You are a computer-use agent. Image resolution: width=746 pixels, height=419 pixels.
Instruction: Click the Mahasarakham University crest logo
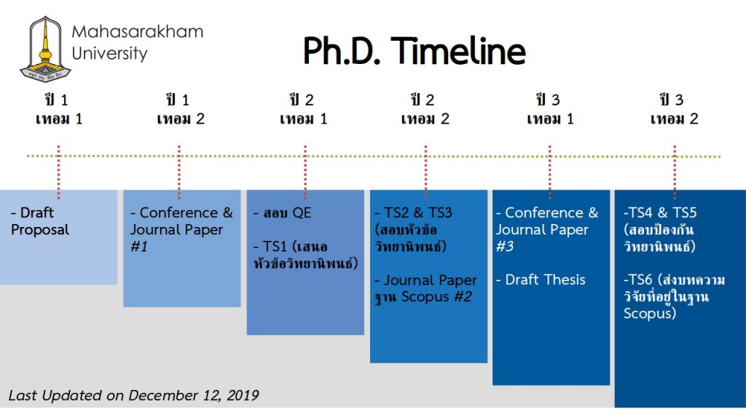click(x=45, y=49)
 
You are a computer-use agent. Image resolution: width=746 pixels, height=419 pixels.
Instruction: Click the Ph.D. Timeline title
click(x=415, y=51)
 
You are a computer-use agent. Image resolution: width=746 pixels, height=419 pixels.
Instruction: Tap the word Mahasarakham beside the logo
click(x=138, y=32)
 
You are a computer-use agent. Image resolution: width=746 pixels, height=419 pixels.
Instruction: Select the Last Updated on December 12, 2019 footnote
click(x=134, y=395)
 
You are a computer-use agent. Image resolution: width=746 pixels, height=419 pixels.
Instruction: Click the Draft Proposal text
click(x=40, y=221)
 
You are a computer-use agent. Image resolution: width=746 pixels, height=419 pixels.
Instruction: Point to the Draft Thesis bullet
click(x=541, y=280)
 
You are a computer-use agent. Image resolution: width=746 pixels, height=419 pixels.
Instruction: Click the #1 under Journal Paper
click(x=139, y=247)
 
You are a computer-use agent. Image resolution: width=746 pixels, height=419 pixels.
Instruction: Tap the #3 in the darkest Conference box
click(x=505, y=247)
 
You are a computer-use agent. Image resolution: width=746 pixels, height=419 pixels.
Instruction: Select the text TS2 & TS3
click(x=414, y=212)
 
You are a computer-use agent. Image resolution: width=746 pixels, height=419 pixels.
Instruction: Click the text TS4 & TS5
click(x=660, y=212)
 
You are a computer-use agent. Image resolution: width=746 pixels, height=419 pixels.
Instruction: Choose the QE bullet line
click(x=282, y=212)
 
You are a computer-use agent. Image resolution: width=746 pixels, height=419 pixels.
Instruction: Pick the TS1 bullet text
click(x=305, y=255)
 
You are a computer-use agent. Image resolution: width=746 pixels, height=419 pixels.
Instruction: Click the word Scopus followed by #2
click(x=425, y=297)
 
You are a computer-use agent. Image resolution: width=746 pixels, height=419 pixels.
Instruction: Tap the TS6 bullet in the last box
click(x=674, y=297)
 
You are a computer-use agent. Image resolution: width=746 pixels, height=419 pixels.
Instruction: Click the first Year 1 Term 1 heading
click(x=58, y=109)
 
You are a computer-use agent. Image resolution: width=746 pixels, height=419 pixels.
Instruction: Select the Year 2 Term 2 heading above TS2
click(x=425, y=109)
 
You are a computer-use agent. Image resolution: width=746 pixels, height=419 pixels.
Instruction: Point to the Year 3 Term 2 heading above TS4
click(x=674, y=109)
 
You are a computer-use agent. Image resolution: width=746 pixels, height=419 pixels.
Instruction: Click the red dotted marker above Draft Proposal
click(x=58, y=172)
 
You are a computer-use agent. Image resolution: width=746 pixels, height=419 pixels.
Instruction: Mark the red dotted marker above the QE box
click(x=305, y=172)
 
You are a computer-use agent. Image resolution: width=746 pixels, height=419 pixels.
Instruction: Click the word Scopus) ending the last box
click(x=649, y=314)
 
